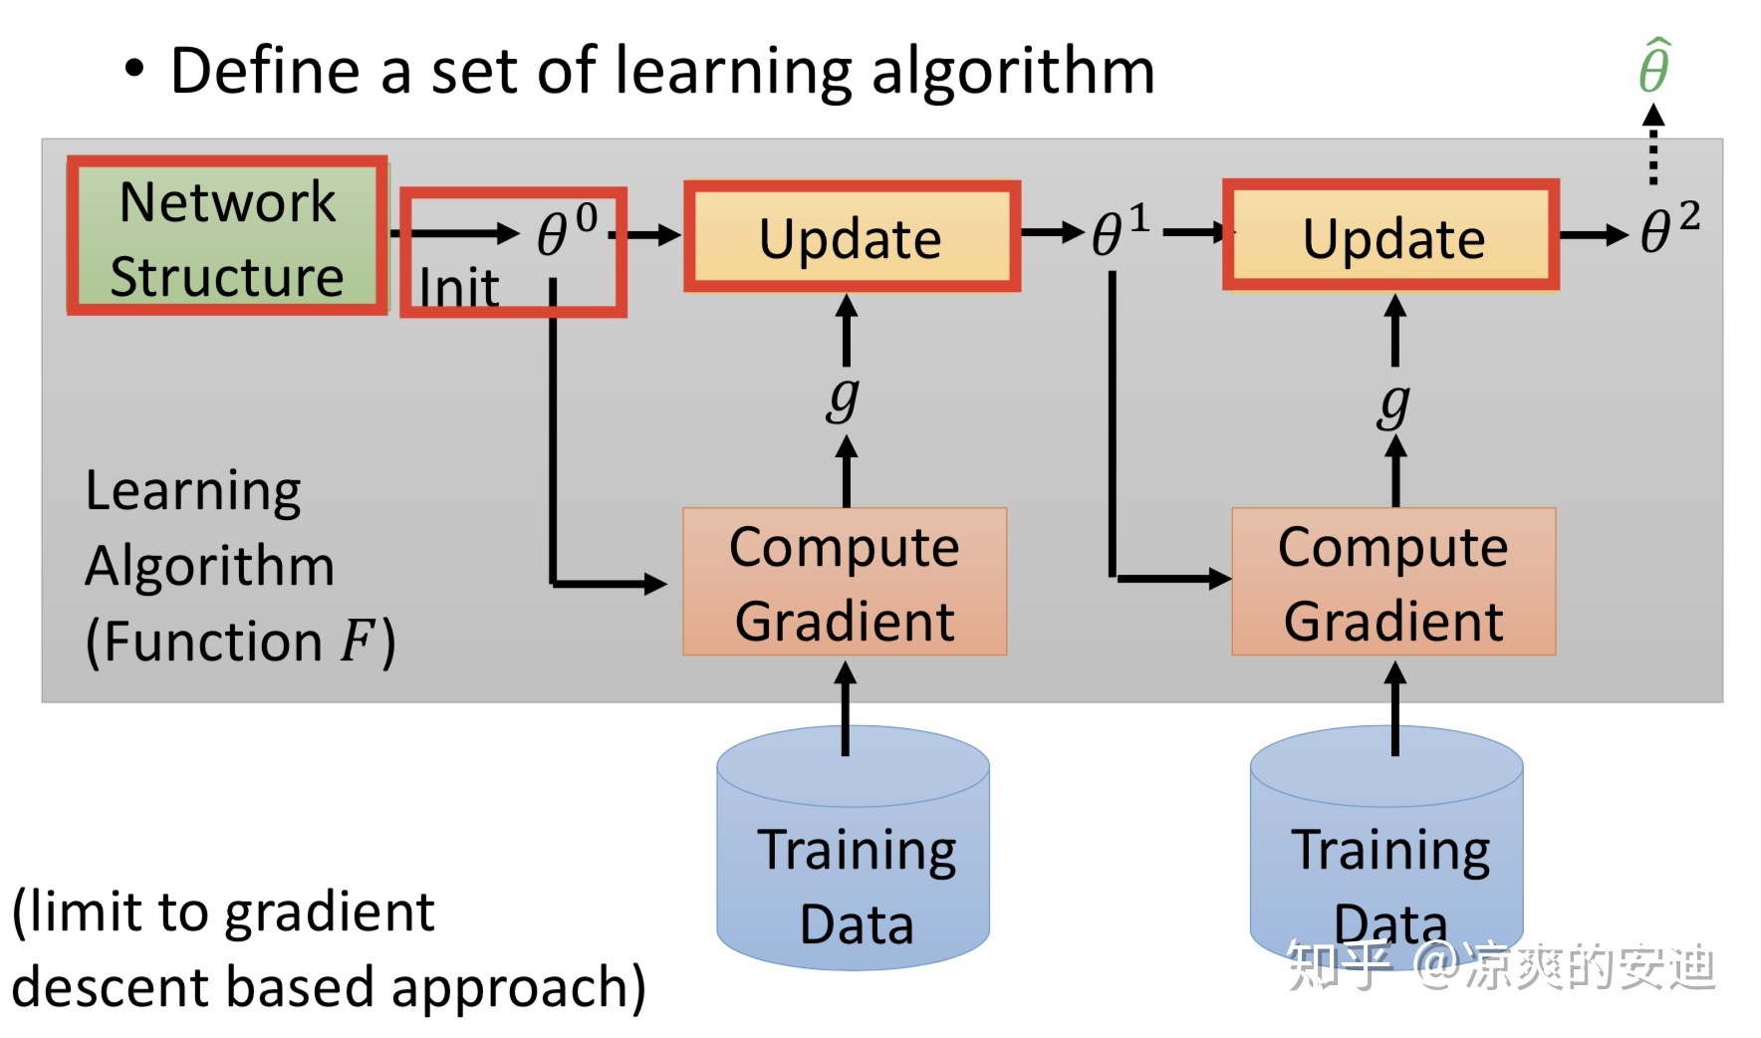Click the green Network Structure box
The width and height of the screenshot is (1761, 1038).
[x=227, y=236]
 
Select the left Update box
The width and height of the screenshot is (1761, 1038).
[x=852, y=237]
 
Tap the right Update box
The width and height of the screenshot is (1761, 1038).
[x=1391, y=236]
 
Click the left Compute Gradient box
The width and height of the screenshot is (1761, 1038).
[x=845, y=582]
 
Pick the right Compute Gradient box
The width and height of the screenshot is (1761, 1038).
[x=1393, y=582]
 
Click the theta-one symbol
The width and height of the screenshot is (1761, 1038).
[x=1119, y=233]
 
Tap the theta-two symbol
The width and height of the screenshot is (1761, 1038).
[x=1668, y=231]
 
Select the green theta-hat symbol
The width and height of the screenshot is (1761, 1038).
[x=1654, y=67]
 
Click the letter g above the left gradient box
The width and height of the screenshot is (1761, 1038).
[x=843, y=397]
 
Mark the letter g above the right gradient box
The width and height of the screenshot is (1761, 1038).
[x=1394, y=402]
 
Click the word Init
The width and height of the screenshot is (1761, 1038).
[x=458, y=289]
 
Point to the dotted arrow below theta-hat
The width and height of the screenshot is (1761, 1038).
[x=1653, y=147]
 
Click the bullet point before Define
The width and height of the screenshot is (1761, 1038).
[x=134, y=70]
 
